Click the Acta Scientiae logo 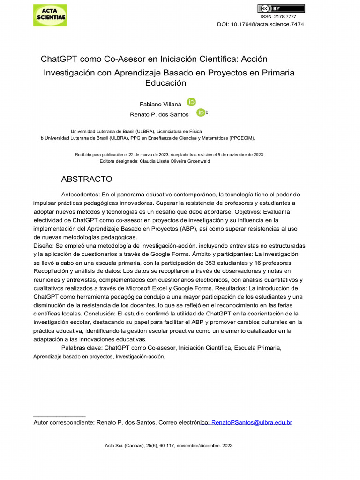click(x=50, y=15)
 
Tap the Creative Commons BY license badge click(x=281, y=8)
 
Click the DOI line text click(x=260, y=24)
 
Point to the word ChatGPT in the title click(x=59, y=59)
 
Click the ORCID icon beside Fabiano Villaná click(x=191, y=102)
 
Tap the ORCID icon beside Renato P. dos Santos click(x=201, y=113)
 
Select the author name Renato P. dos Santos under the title click(x=159, y=114)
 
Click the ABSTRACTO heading click(x=87, y=179)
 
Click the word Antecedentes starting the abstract click(x=80, y=195)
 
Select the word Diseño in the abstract click(x=43, y=246)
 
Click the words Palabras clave click(x=82, y=348)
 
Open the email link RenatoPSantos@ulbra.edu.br click(x=252, y=422)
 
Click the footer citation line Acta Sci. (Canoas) click(x=169, y=446)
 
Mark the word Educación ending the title click(x=166, y=83)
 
